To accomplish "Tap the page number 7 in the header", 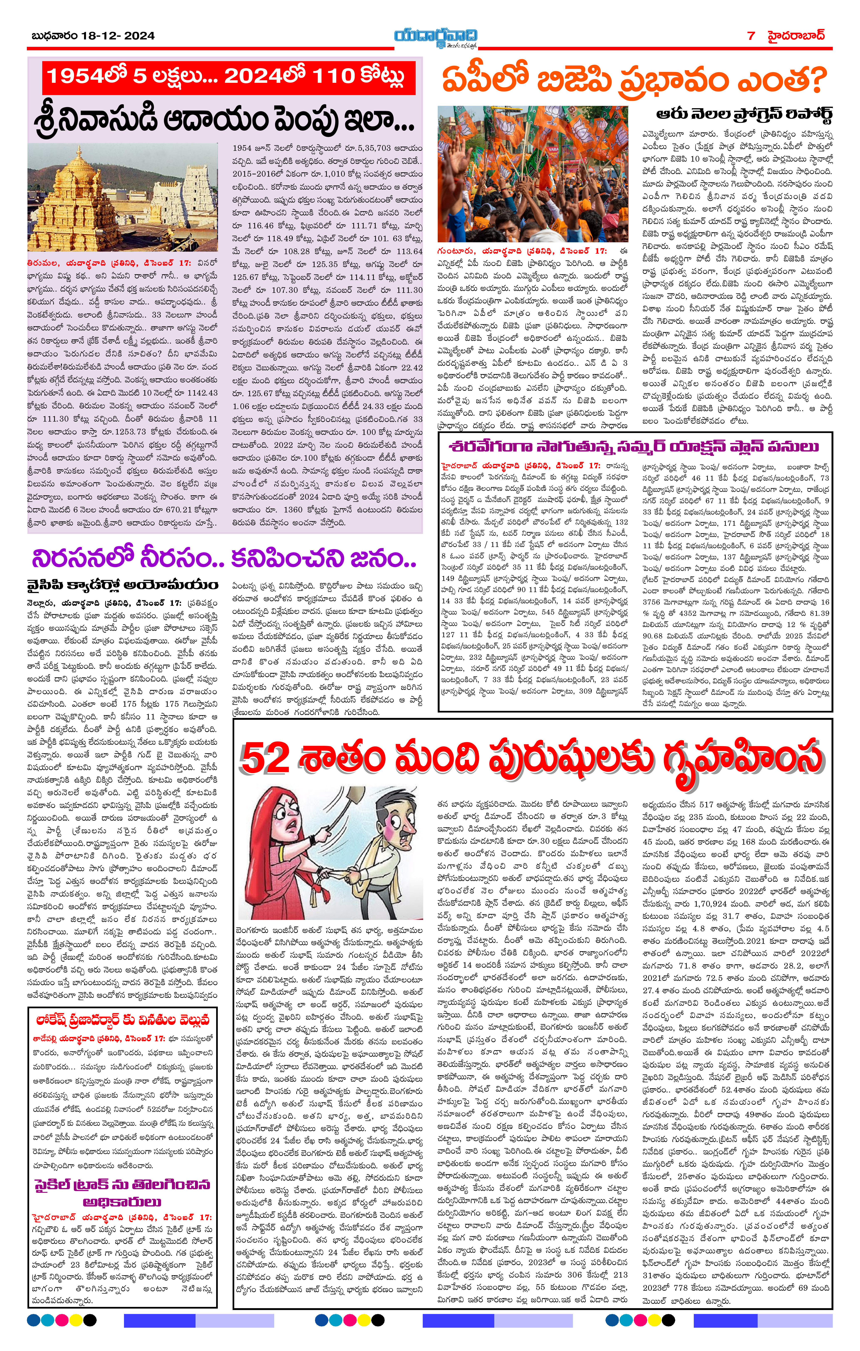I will pyautogui.click(x=751, y=36).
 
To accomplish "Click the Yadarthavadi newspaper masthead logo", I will pyautogui.click(x=435, y=37).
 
